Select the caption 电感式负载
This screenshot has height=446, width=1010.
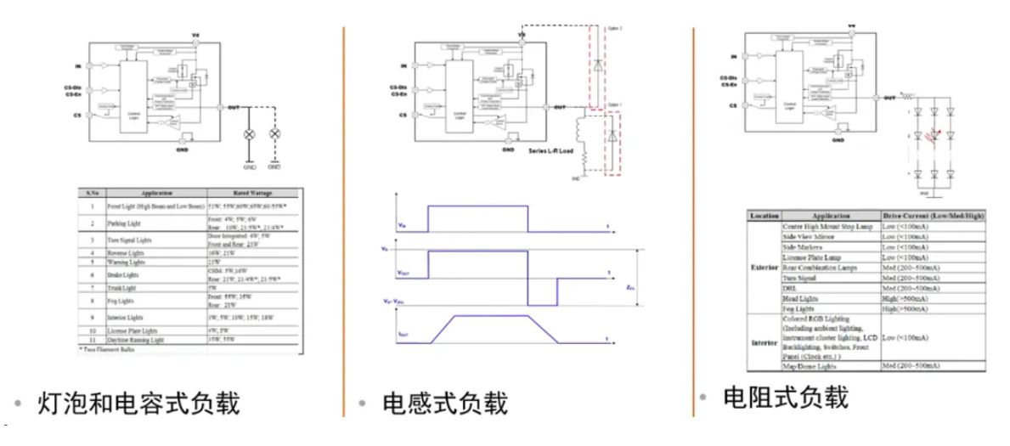point(445,403)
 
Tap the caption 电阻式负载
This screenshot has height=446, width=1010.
point(784,398)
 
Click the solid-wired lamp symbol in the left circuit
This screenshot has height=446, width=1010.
point(249,135)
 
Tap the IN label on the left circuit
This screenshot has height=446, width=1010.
point(78,63)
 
